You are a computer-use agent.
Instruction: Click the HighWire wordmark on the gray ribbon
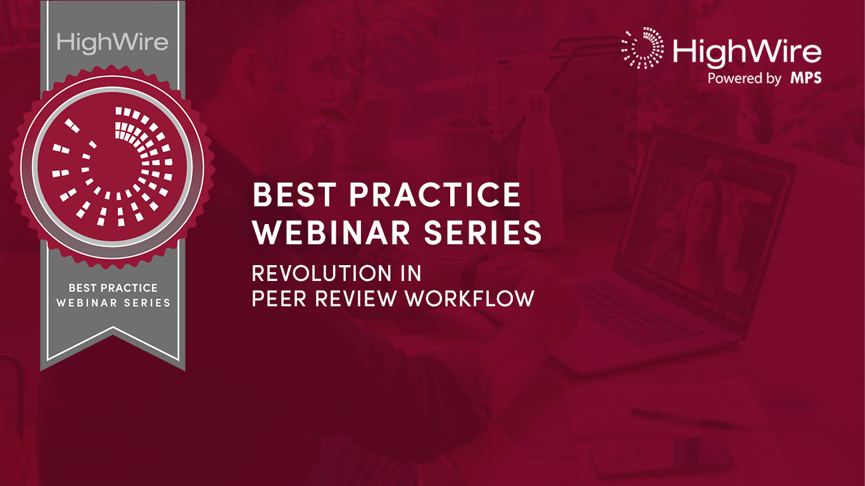coord(113,42)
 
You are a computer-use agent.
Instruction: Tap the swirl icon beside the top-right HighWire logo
coord(642,48)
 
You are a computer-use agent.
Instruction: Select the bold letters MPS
coord(805,78)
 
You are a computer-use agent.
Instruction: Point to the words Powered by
coord(744,79)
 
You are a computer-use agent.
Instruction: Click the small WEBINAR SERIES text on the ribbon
coord(113,302)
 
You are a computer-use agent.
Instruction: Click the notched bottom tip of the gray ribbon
coord(113,342)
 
